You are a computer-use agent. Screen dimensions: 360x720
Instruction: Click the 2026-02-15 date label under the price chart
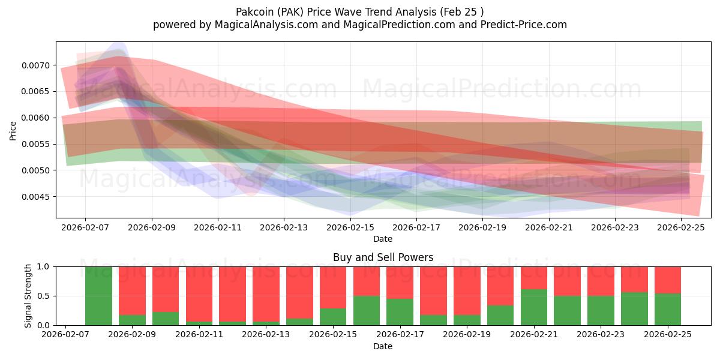click(350, 228)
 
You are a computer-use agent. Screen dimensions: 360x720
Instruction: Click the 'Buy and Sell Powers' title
click(383, 257)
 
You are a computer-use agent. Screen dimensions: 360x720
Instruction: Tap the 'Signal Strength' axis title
click(28, 296)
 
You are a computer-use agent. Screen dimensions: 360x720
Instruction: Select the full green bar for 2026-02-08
click(98, 296)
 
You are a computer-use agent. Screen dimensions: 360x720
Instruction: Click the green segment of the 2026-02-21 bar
click(534, 307)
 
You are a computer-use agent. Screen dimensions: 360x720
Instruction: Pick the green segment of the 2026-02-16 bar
click(367, 310)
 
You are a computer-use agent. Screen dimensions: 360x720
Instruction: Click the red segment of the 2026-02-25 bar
click(668, 280)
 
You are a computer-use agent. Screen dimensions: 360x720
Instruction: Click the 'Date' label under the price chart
click(383, 239)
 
